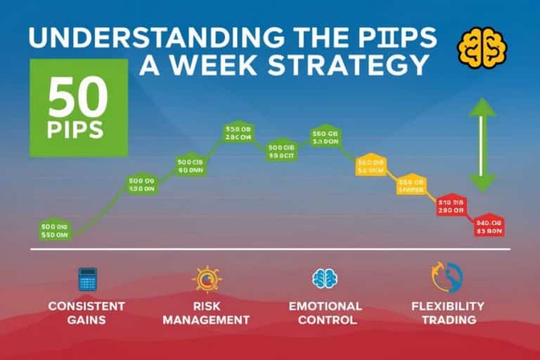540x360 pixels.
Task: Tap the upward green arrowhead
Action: (x=482, y=108)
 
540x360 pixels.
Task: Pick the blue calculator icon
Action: (x=87, y=279)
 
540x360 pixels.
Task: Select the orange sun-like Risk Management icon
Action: (x=206, y=279)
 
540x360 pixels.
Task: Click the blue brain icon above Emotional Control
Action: (x=325, y=278)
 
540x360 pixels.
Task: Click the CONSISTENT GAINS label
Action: (x=86, y=313)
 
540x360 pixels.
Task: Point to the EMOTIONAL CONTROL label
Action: (x=325, y=313)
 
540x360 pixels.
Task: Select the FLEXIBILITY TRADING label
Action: (x=448, y=313)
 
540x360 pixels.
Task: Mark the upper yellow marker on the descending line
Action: (x=371, y=165)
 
